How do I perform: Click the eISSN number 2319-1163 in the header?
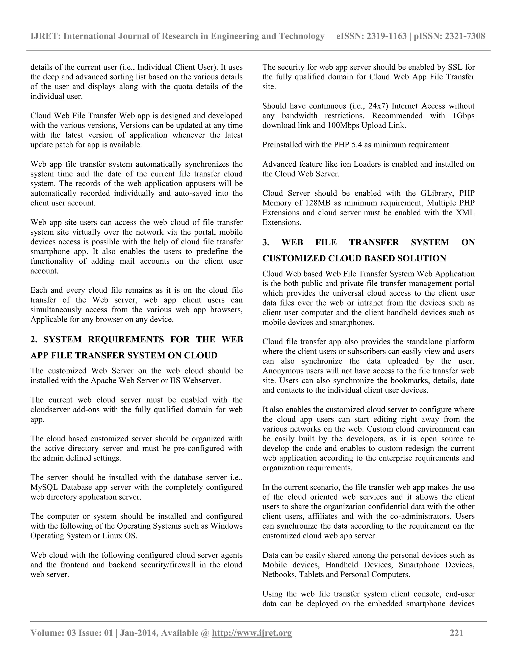(x=387, y=36)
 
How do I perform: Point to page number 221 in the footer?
(x=456, y=633)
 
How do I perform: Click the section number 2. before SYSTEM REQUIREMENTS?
(x=34, y=340)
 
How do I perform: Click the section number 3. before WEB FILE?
(x=266, y=242)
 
